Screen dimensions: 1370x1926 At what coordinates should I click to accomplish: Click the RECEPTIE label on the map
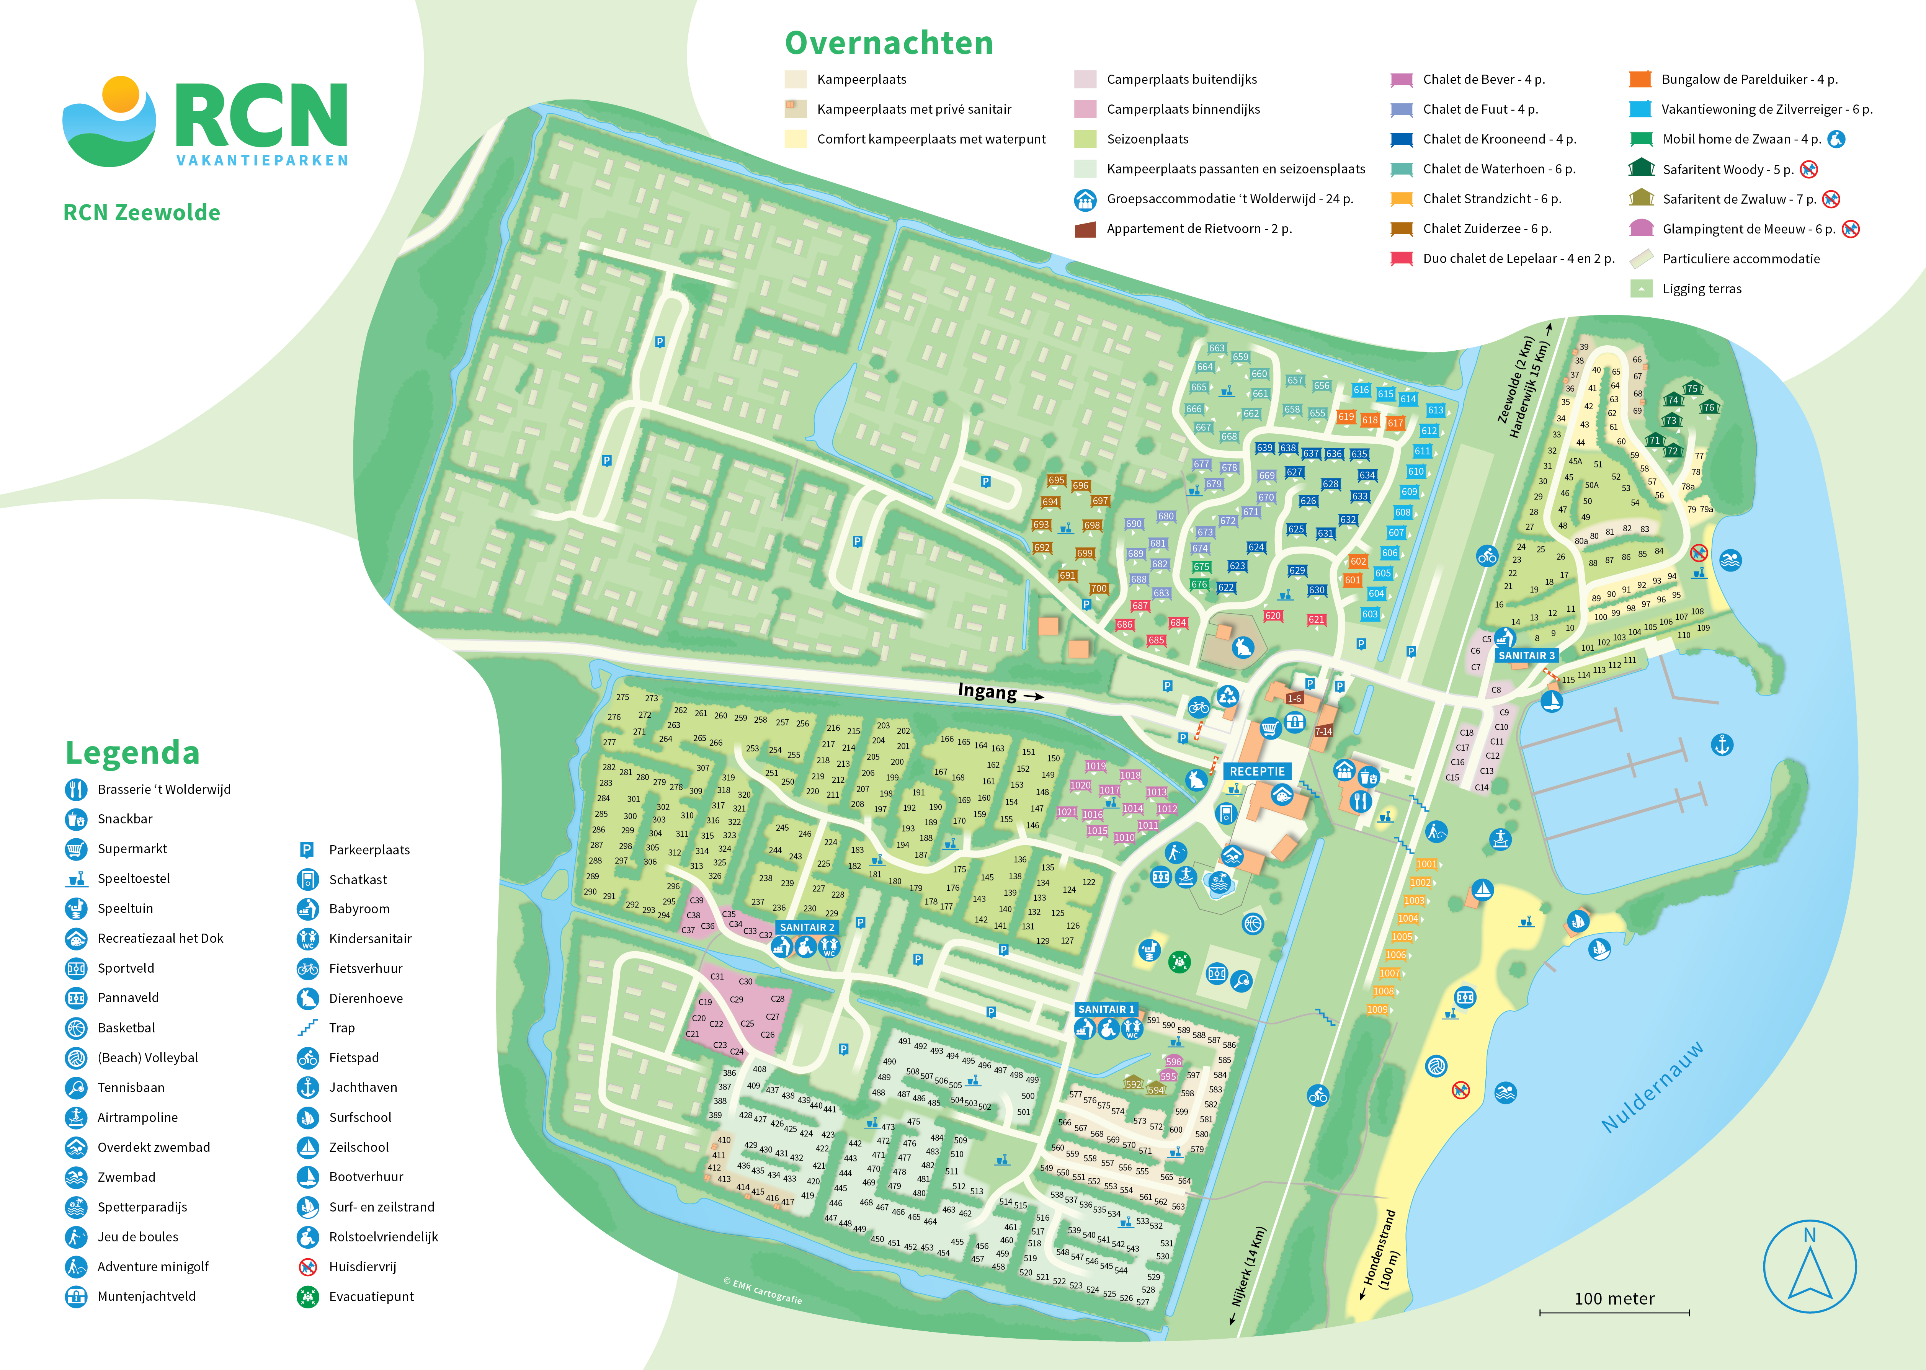pyautogui.click(x=1257, y=771)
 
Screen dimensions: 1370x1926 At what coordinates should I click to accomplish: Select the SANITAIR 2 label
pyautogui.click(x=807, y=927)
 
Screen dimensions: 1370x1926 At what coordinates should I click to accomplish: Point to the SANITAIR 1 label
pyautogui.click(x=1106, y=1009)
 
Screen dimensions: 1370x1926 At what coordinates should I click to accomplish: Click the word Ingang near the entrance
pyautogui.click(x=987, y=692)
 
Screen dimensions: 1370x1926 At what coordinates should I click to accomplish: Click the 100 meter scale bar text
pyautogui.click(x=1614, y=1298)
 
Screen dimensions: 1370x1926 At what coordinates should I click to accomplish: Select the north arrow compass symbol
pyautogui.click(x=1810, y=1265)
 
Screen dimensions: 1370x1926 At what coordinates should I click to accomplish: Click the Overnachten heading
pyautogui.click(x=889, y=43)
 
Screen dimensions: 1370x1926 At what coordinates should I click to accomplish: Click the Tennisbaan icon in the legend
pyautogui.click(x=76, y=1088)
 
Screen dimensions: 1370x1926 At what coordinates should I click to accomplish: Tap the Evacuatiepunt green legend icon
pyautogui.click(x=308, y=1297)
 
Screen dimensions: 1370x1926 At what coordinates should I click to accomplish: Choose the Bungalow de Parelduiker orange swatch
pyautogui.click(x=1640, y=79)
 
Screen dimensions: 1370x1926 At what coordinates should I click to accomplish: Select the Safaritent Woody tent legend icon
pyautogui.click(x=1641, y=169)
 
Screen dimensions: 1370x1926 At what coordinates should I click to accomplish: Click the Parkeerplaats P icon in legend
pyautogui.click(x=307, y=849)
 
